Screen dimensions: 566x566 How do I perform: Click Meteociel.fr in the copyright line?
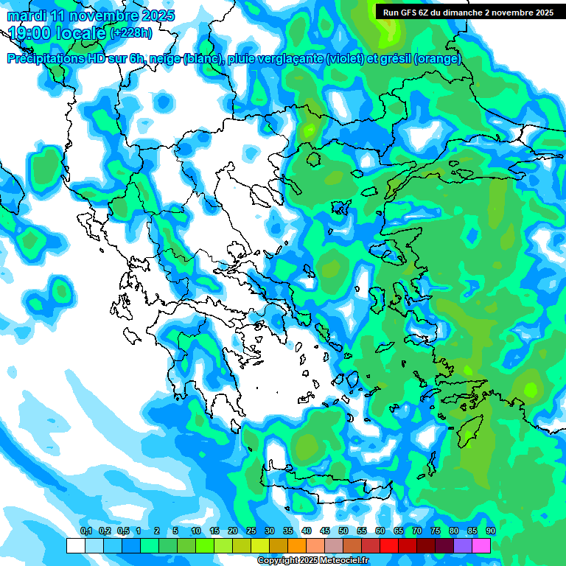(x=341, y=561)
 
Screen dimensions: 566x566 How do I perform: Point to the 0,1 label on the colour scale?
(x=86, y=531)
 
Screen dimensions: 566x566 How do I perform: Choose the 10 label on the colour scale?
(x=196, y=531)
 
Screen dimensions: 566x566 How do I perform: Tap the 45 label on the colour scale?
(x=325, y=531)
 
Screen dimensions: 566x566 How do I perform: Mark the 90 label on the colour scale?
(x=491, y=531)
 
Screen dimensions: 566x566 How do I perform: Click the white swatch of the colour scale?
(x=75, y=545)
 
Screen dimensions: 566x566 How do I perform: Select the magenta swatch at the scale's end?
(x=481, y=545)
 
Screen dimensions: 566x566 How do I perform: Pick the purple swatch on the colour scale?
(x=463, y=545)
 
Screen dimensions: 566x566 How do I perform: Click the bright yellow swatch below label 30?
(x=259, y=545)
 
